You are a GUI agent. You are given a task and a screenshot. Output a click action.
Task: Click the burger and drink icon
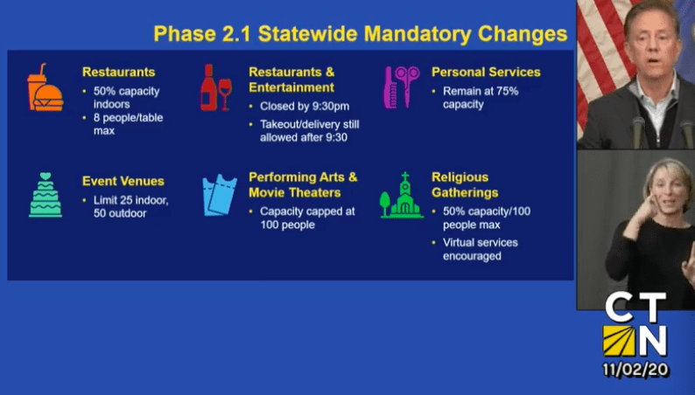(45, 87)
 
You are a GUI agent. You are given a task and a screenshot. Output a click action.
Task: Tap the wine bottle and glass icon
(216, 87)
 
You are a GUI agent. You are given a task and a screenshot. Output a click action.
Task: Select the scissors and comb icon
(402, 87)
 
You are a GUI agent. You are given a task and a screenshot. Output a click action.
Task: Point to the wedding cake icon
(46, 195)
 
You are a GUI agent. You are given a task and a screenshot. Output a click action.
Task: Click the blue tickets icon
(220, 195)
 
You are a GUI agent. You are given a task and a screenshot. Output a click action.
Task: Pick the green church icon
(401, 195)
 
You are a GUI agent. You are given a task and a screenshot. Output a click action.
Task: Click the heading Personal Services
(486, 73)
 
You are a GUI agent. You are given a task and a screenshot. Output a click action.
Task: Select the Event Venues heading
(123, 181)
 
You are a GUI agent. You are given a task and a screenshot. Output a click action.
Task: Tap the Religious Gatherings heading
(465, 185)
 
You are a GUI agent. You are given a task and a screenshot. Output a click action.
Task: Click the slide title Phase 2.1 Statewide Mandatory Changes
(361, 34)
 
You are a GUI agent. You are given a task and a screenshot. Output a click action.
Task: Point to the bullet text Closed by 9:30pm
(305, 106)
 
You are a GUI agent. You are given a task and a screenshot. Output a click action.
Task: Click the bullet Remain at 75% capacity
(481, 98)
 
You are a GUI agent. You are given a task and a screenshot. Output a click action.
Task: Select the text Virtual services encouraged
(481, 249)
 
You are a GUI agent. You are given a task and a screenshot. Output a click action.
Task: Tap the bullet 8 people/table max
(128, 124)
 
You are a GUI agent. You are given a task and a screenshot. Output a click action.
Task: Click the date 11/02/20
(635, 370)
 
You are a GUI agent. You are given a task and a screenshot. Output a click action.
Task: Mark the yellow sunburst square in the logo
(618, 341)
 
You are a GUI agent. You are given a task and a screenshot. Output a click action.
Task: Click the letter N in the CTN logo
(651, 341)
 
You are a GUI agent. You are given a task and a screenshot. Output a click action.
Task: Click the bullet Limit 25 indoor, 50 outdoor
(130, 206)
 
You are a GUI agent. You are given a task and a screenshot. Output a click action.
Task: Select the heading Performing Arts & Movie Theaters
(303, 185)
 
